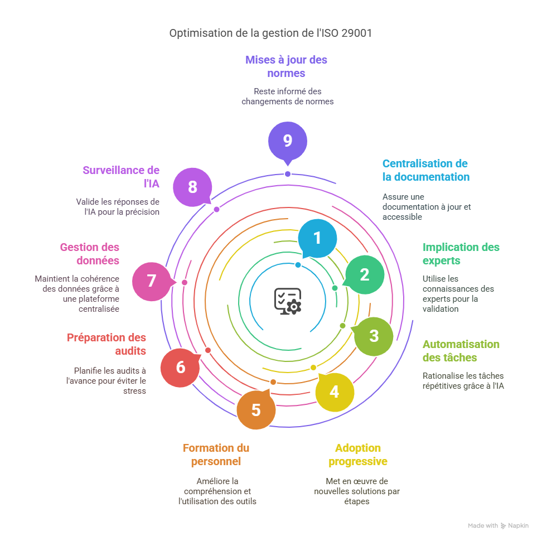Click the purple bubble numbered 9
(x=287, y=141)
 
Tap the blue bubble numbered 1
(x=317, y=238)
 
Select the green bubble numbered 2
(x=364, y=274)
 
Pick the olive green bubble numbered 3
(x=374, y=336)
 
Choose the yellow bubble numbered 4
(x=334, y=392)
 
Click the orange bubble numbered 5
(x=256, y=410)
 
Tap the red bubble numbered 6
(x=180, y=367)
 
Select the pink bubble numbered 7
(x=152, y=281)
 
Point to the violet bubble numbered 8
(x=192, y=187)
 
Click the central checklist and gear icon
(x=288, y=301)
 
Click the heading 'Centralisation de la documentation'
(x=425, y=170)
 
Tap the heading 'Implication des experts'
(x=461, y=254)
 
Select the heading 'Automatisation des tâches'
(x=461, y=351)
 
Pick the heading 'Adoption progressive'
(x=358, y=455)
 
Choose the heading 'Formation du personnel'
(x=216, y=455)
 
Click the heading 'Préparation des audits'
(x=107, y=344)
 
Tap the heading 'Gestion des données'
(x=90, y=253)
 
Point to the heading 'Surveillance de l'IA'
(x=121, y=177)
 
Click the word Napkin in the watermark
(x=518, y=525)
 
